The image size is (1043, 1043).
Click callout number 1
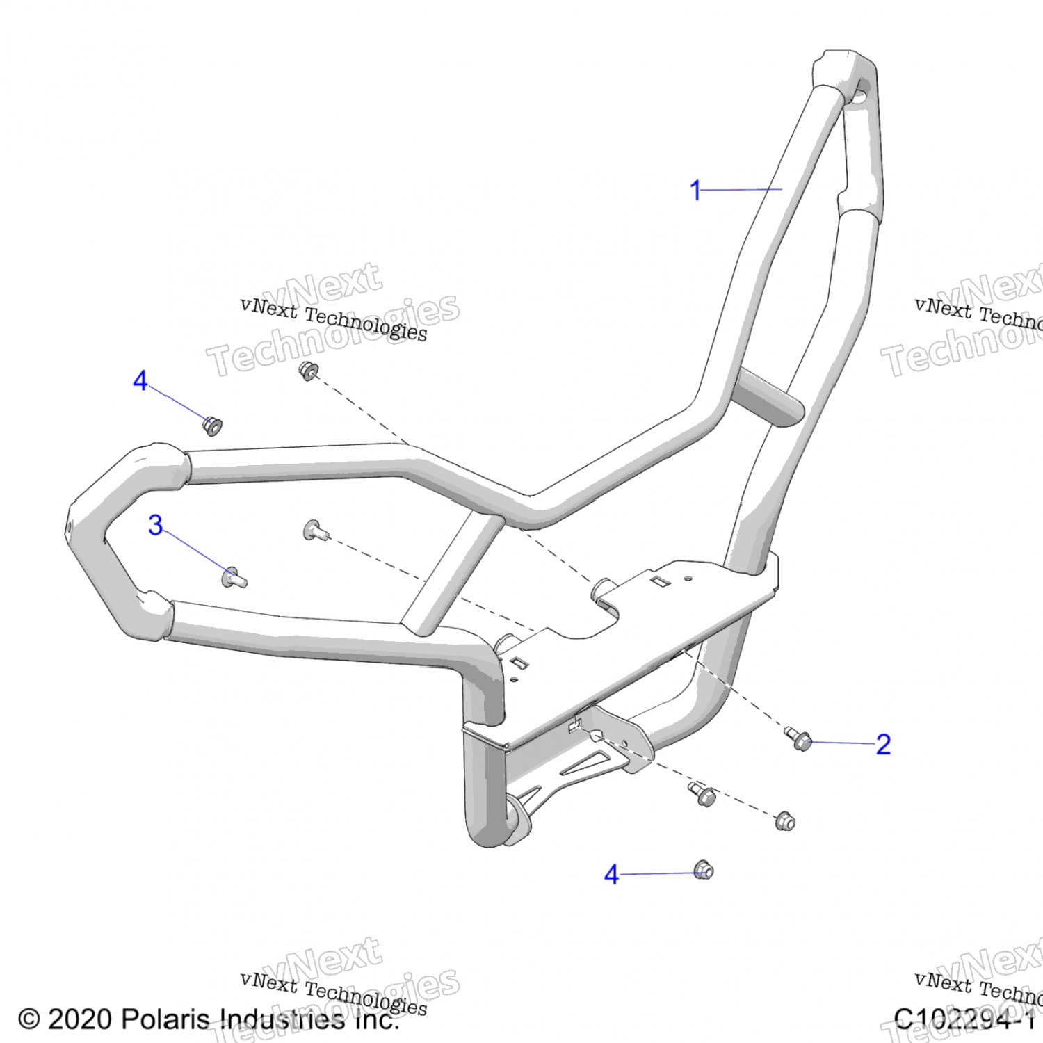pos(695,190)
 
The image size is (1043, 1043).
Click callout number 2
pos(883,745)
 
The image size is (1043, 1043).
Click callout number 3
pos(155,525)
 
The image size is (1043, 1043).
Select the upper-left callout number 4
pos(140,380)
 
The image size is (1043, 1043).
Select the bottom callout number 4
pos(611,875)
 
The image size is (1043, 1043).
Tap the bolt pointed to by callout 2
pos(799,739)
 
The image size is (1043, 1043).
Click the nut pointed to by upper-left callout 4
pos(212,425)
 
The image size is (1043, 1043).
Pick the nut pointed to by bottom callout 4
pos(704,870)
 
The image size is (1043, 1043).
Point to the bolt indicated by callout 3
pos(233,577)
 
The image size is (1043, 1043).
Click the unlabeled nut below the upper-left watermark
pos(308,370)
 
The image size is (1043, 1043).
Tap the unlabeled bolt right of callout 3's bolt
pos(315,531)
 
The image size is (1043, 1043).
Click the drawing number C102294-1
pos(964,1019)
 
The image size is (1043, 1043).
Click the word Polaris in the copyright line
pos(165,1019)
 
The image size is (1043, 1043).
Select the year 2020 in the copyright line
pos(79,1019)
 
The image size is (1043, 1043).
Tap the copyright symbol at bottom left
pos(29,1019)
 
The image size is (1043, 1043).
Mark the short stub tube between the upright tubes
pos(768,396)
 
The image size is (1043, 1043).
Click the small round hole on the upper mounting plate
pos(688,578)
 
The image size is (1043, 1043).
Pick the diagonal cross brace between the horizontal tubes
pos(453,574)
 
